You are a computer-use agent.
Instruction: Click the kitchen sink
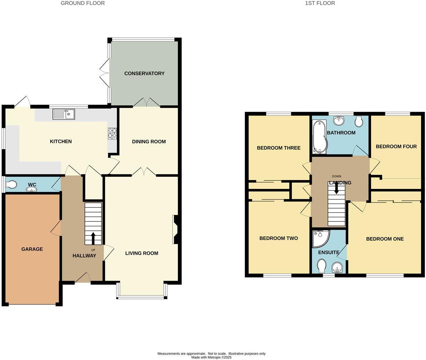[x=64, y=114]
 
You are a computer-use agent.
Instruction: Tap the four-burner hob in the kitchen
[x=112, y=133]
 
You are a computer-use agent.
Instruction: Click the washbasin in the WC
[x=31, y=189]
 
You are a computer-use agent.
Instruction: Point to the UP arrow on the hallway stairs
[x=93, y=238]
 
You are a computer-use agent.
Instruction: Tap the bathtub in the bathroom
[x=319, y=136]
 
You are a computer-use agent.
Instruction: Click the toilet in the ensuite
[x=321, y=265]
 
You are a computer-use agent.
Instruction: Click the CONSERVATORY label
[x=144, y=73]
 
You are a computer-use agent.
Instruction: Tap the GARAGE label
[x=32, y=249]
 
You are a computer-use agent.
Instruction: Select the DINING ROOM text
[x=149, y=141]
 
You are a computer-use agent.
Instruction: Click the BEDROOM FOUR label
[x=396, y=146]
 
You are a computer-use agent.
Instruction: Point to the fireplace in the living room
[x=175, y=229]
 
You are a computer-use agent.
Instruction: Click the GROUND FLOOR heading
[x=82, y=3]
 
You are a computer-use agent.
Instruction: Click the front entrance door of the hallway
[x=82, y=279]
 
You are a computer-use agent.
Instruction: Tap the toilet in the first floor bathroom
[x=359, y=121]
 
